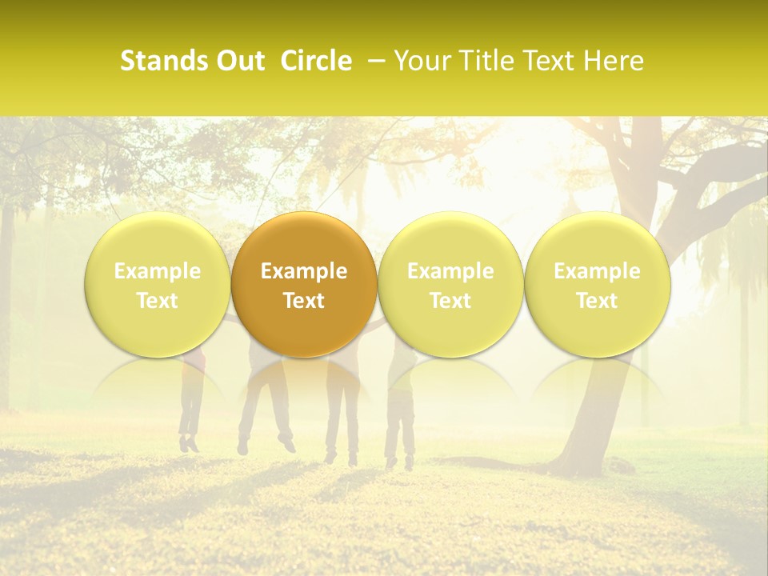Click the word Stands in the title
[158, 61]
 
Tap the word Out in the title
[238, 61]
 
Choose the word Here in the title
[613, 61]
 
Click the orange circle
[304, 284]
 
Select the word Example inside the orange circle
[304, 271]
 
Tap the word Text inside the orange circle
[304, 301]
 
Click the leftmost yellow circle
[158, 284]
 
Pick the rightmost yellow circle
[597, 284]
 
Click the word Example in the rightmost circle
[597, 271]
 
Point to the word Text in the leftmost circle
[158, 301]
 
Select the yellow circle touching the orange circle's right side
[450, 284]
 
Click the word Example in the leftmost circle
[158, 271]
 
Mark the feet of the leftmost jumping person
[190, 443]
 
